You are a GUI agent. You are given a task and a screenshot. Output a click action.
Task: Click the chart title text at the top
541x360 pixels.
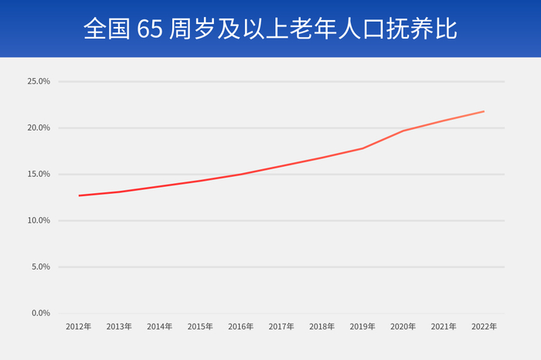[x=270, y=29]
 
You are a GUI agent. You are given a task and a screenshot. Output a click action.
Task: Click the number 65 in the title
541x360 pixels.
[x=148, y=29]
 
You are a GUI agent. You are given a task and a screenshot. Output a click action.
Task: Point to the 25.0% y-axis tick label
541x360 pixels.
[x=39, y=81]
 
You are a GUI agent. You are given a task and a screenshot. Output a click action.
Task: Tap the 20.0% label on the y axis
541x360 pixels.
[x=39, y=127]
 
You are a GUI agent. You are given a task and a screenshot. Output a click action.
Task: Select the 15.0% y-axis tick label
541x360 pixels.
[x=39, y=174]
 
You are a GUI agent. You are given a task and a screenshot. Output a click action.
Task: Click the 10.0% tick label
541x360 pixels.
[x=39, y=220]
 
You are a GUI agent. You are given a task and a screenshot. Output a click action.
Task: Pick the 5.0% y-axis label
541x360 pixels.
[x=40, y=267]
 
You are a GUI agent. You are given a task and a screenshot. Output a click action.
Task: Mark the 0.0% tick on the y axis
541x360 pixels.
[x=40, y=313]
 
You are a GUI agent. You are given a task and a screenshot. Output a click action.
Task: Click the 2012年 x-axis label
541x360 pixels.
[x=79, y=327]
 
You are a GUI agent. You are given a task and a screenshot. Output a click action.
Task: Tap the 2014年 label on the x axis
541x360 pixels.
[x=160, y=327]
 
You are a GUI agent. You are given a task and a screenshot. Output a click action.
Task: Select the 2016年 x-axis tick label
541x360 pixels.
[x=241, y=327]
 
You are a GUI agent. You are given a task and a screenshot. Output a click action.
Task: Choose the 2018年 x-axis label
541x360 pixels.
[x=322, y=327]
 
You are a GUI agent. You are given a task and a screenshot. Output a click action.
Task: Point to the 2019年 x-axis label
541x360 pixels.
[x=362, y=327]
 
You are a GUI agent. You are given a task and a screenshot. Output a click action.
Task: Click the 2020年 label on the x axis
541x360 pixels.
[x=403, y=327]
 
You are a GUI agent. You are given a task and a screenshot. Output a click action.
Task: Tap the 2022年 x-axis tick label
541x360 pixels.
[x=484, y=327]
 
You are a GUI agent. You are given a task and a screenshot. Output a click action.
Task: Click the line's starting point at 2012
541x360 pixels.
[x=79, y=195]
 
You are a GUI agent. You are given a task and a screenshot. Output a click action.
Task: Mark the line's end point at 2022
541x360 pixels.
[x=484, y=111]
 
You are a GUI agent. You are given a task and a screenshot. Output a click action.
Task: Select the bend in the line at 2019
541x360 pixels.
[x=362, y=148]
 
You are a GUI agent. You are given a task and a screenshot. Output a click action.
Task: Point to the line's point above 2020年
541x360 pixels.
[x=403, y=131]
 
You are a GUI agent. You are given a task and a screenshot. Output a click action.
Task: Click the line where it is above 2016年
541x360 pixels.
[x=241, y=174]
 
